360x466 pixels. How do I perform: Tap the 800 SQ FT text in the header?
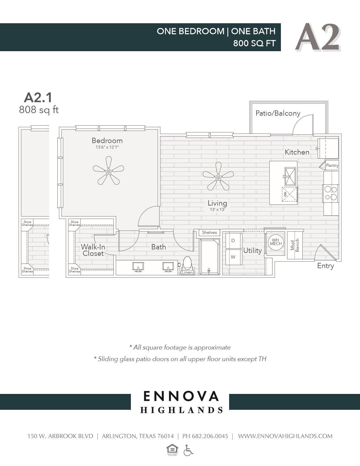click(254, 43)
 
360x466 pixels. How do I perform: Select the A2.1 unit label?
click(38, 97)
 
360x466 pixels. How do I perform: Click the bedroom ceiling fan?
click(109, 171)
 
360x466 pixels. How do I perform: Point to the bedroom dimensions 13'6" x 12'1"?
click(107, 147)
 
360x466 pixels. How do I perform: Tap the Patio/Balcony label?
click(278, 113)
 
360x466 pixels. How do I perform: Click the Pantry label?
click(332, 165)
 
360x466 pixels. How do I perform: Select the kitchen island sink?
click(290, 176)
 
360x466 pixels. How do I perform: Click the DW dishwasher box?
click(289, 194)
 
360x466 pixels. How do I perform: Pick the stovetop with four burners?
click(331, 193)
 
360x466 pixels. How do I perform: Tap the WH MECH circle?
click(276, 242)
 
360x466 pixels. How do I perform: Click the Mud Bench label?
click(295, 245)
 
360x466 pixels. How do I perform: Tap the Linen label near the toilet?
click(187, 272)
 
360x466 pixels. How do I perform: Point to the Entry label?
click(325, 266)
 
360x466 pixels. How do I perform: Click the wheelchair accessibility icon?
click(188, 450)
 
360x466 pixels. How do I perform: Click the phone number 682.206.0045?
click(210, 436)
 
